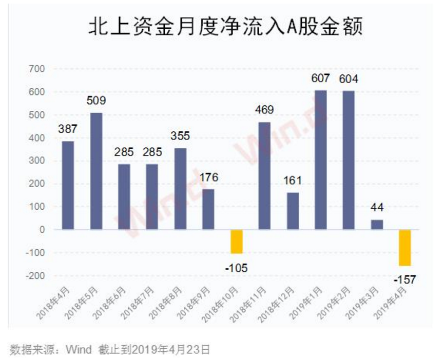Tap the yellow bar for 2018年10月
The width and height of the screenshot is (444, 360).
click(237, 242)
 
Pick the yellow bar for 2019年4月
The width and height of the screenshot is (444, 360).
click(405, 248)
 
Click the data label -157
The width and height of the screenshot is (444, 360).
click(405, 279)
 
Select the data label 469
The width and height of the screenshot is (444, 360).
click(265, 110)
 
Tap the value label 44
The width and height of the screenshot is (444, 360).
click(377, 208)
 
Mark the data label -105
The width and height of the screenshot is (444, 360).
click(237, 267)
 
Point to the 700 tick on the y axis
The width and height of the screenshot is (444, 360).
click(38, 69)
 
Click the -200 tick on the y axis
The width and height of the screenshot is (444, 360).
click(37, 275)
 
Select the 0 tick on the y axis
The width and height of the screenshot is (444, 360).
click(43, 230)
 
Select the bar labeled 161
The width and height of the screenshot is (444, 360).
click(293, 211)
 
